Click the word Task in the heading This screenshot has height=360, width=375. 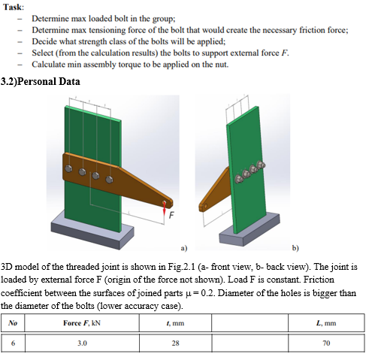(x=13, y=6)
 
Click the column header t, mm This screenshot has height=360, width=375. (x=174, y=322)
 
